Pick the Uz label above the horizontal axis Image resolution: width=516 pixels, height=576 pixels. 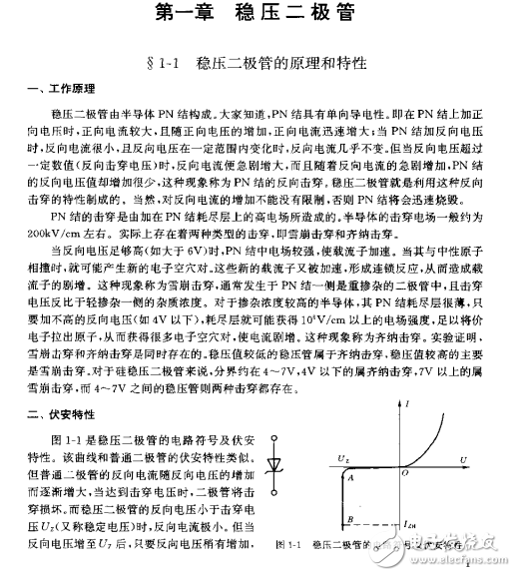click(342, 458)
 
